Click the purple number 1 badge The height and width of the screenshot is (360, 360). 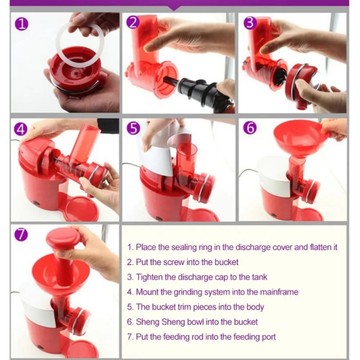click(x=22, y=25)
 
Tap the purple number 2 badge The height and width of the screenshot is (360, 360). click(x=133, y=23)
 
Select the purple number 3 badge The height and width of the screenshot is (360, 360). click(x=250, y=23)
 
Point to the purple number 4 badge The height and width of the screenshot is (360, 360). click(x=21, y=129)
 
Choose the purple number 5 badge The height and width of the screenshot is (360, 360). click(x=133, y=128)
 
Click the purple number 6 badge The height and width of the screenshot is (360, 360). click(x=250, y=127)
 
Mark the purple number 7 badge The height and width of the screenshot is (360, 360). click(x=21, y=234)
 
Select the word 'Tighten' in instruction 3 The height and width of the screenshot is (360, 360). click(x=149, y=277)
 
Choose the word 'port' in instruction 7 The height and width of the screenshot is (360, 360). click(x=269, y=337)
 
